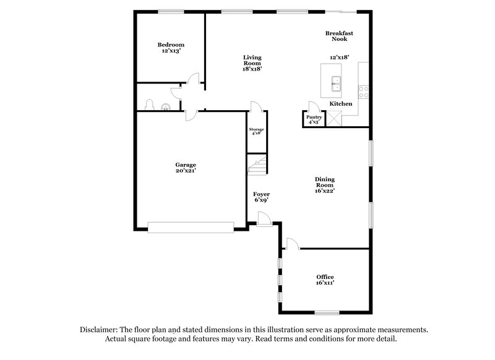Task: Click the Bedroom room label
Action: click(171, 48)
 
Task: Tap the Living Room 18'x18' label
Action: click(252, 63)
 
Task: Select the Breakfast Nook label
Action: click(339, 35)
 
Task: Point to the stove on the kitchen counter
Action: click(364, 92)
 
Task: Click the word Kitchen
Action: click(341, 104)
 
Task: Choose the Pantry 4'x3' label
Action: click(314, 119)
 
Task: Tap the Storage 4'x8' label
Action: click(257, 131)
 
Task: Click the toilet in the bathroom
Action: click(148, 105)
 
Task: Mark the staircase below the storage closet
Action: click(257, 165)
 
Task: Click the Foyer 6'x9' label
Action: click(261, 197)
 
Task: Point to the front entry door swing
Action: click(263, 217)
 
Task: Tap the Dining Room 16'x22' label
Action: click(325, 185)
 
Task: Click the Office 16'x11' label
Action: click(325, 280)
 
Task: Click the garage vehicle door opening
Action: click(192, 227)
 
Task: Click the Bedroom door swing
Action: click(193, 79)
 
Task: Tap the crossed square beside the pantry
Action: click(335, 118)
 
